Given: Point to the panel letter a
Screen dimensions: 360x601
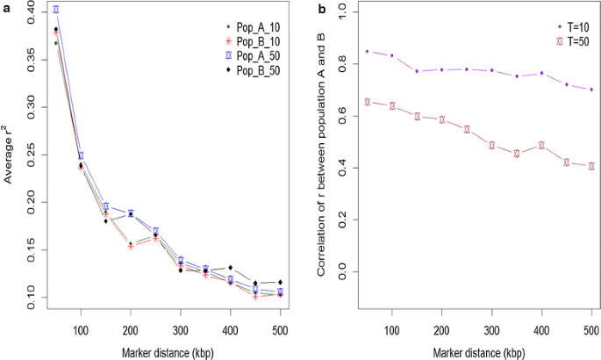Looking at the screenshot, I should click(x=6, y=8).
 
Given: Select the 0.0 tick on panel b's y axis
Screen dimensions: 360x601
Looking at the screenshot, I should click(x=343, y=271).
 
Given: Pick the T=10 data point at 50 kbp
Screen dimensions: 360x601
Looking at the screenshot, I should click(x=366, y=52).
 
